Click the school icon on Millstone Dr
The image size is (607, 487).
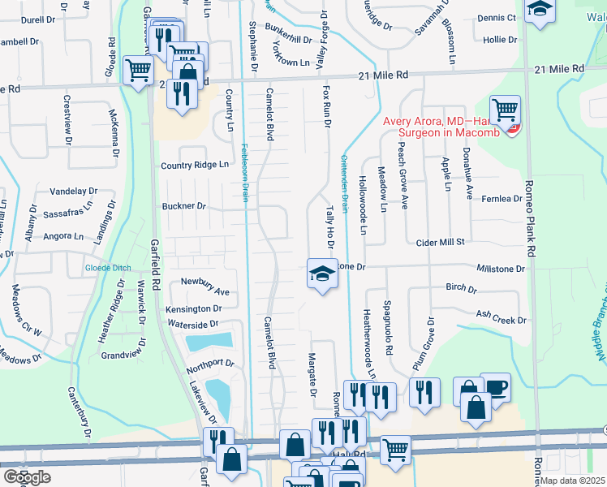322,274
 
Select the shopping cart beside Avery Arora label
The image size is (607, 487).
505,108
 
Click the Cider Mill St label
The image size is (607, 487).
439,242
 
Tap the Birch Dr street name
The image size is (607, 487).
461,287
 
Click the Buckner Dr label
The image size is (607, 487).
183,206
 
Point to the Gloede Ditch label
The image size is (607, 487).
109,269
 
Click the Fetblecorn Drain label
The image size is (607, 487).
244,171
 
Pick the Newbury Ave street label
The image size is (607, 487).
205,291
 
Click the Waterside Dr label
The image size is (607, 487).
192,324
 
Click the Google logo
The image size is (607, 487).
27,477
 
